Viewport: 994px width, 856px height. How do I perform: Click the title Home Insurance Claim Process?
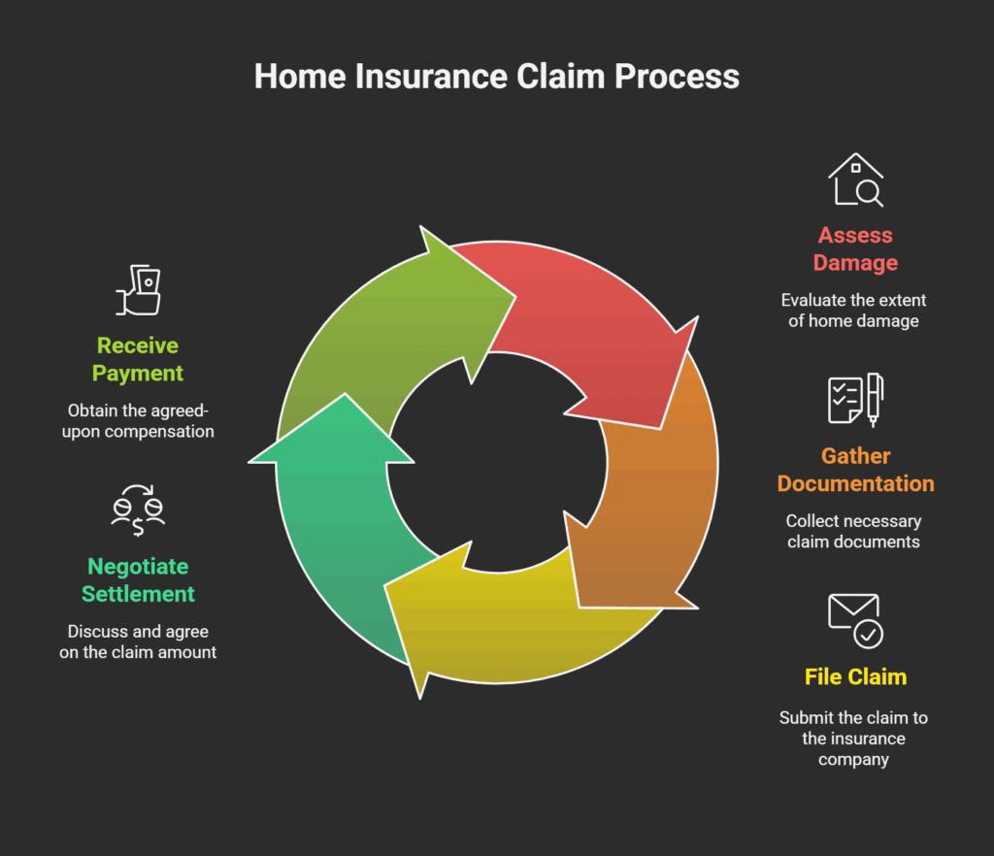496,77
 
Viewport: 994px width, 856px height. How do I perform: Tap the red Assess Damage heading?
855,248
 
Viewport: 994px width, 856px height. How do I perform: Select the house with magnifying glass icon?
855,180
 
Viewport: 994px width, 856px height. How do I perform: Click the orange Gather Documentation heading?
855,470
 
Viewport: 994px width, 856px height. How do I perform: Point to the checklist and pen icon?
855,399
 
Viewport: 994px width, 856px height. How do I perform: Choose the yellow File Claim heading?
855,676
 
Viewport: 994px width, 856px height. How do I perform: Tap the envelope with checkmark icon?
855,620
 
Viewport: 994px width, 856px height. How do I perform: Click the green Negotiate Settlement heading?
138,579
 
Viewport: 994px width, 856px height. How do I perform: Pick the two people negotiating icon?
138,510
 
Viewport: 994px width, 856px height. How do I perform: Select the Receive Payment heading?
138,359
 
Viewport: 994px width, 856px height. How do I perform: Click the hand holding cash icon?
138,289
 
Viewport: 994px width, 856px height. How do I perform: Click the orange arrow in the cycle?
650,505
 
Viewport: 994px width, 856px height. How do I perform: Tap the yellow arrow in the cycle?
514,611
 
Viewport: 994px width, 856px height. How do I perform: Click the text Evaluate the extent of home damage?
855,311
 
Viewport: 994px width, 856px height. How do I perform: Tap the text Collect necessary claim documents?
853,531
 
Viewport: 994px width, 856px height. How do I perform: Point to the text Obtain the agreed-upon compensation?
138,421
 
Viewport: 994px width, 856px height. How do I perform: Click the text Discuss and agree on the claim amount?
138,642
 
